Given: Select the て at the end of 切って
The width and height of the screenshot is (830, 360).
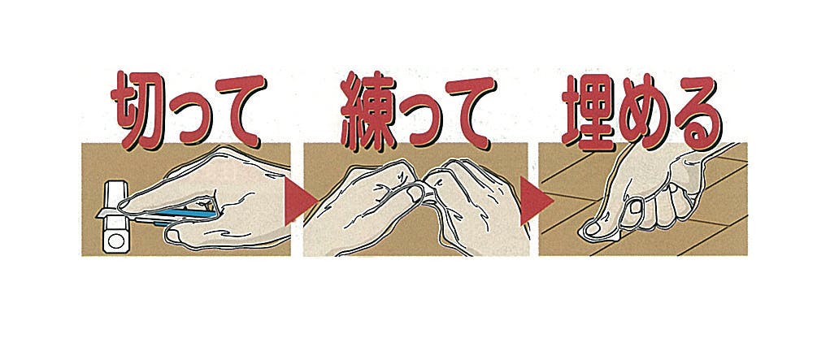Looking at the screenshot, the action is click(241, 110).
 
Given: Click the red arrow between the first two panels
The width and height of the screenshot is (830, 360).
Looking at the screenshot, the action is click(299, 201).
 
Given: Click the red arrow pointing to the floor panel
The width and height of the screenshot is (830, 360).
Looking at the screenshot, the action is click(535, 201).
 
